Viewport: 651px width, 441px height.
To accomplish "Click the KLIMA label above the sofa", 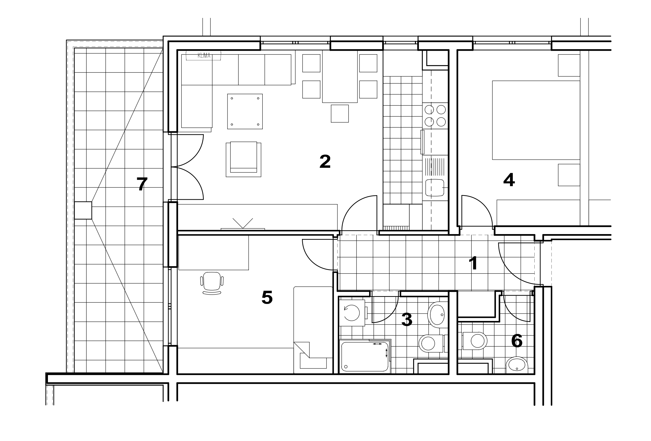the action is pyautogui.click(x=204, y=55).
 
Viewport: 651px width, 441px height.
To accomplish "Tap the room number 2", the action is pyautogui.click(x=325, y=162).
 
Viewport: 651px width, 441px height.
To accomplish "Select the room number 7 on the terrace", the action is pyautogui.click(x=142, y=184).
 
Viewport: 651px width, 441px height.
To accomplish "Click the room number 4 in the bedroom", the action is pyautogui.click(x=509, y=180).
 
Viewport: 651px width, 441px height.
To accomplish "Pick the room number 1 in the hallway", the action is pyautogui.click(x=473, y=263).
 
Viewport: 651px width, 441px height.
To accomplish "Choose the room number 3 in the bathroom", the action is pyautogui.click(x=407, y=319).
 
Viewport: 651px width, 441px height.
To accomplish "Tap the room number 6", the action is pyautogui.click(x=516, y=341).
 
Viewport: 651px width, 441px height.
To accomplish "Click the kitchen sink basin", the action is pyautogui.click(x=435, y=187).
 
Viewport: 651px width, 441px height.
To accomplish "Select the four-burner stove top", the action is pyautogui.click(x=435, y=116).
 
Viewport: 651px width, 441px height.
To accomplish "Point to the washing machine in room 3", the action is pyautogui.click(x=352, y=313).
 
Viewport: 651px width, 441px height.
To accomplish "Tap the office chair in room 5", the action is pyautogui.click(x=212, y=283).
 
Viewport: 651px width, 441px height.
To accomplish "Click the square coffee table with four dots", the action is pyautogui.click(x=245, y=112).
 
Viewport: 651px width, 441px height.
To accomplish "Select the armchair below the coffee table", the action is pyautogui.click(x=243, y=159).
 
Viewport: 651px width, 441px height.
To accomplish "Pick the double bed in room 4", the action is pyautogui.click(x=536, y=120).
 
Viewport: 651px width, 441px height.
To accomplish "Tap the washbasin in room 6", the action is pyautogui.click(x=517, y=365).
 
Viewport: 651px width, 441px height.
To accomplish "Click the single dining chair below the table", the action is pyautogui.click(x=340, y=114).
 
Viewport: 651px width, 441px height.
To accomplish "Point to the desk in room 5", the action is pyautogui.click(x=213, y=253).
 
